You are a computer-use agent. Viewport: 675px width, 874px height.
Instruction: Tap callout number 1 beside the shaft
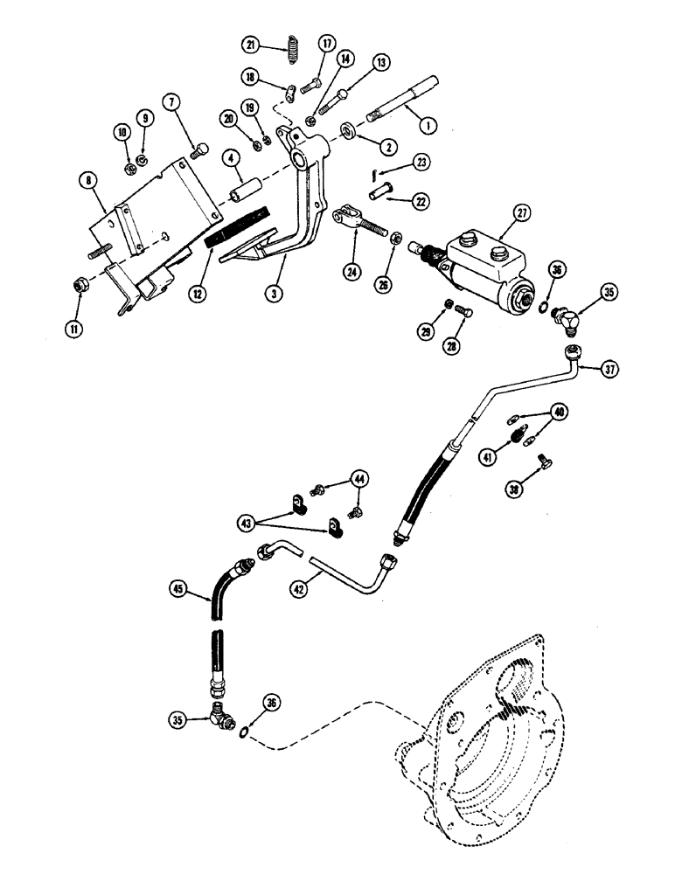[x=428, y=125]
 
